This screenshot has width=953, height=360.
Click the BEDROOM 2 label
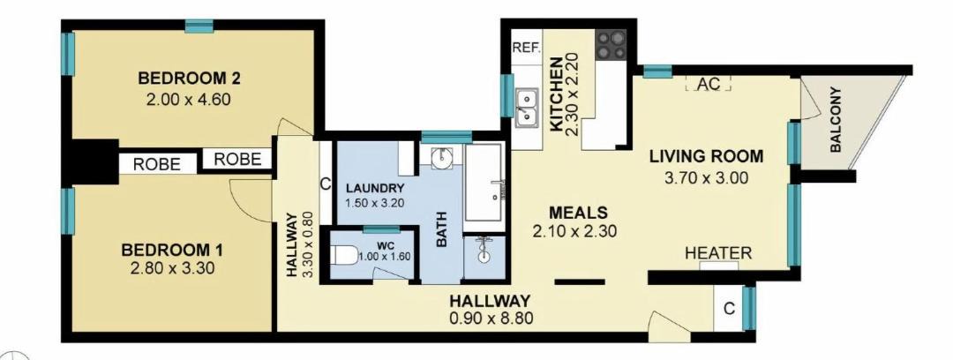[189, 79]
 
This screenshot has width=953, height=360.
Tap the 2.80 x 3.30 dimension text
[173, 268]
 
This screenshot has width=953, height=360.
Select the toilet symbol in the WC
[345, 254]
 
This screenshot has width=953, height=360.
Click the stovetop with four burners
[611, 45]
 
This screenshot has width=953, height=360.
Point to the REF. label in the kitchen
[526, 48]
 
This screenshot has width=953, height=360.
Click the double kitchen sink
[526, 107]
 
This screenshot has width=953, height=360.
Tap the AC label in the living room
[709, 85]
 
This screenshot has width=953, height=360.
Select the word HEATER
[718, 253]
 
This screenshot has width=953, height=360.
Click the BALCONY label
[836, 120]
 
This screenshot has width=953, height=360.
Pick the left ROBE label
[157, 164]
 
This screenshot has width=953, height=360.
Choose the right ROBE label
[237, 160]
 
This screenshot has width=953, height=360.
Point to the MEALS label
[578, 213]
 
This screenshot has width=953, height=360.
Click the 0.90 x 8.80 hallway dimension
[492, 318]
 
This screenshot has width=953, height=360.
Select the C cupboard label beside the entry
[729, 309]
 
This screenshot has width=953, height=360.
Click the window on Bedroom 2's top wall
[199, 26]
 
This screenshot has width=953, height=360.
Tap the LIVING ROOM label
[706, 156]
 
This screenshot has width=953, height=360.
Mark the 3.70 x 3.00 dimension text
[706, 177]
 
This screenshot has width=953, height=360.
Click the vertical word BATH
[442, 229]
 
